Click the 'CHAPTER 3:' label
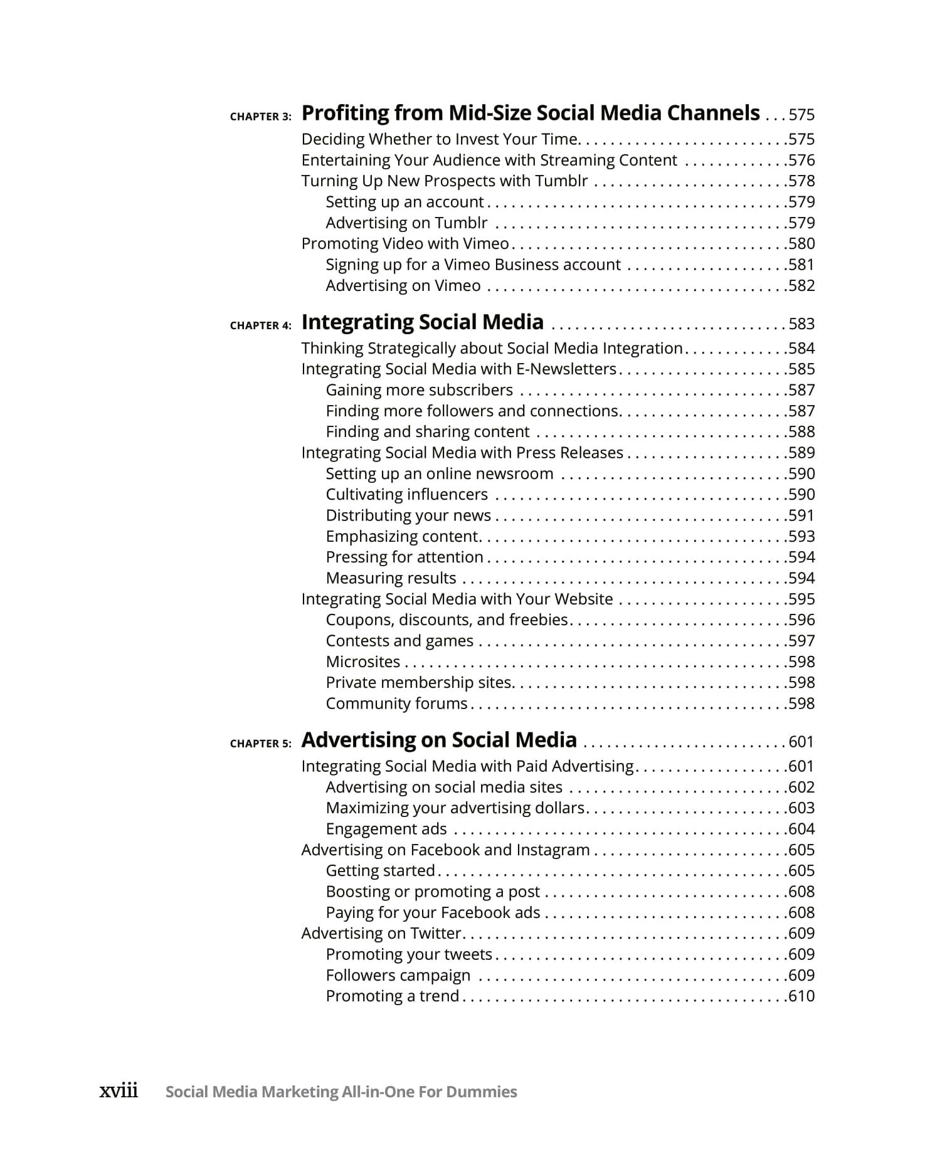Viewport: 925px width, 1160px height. [x=260, y=117]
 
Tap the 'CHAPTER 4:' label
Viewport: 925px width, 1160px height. [x=260, y=325]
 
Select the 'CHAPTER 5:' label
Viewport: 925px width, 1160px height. [x=260, y=744]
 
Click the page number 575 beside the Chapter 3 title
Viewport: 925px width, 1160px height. [x=801, y=115]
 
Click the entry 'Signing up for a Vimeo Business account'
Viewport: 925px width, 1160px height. [x=473, y=265]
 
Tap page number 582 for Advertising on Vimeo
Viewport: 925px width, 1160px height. [x=801, y=286]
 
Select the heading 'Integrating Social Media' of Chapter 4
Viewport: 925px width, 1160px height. [x=422, y=322]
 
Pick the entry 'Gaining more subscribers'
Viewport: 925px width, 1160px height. [x=419, y=390]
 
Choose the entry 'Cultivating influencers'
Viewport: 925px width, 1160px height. [x=406, y=495]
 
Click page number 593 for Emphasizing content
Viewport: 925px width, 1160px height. [x=801, y=537]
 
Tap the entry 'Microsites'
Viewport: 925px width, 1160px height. [x=362, y=662]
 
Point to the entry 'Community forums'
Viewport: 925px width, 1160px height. [x=396, y=704]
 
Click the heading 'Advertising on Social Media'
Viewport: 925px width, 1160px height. [x=438, y=741]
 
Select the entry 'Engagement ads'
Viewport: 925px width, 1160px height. [x=386, y=829]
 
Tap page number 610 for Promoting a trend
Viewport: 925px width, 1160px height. [x=801, y=996]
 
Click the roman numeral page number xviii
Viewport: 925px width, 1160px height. [x=119, y=1091]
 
